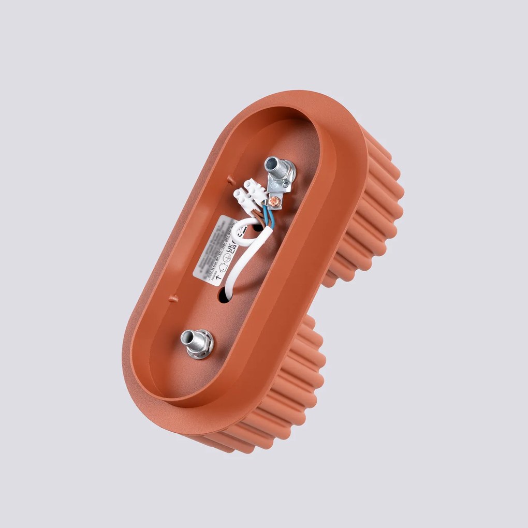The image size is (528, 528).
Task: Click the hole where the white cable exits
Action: tap(226, 296)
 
